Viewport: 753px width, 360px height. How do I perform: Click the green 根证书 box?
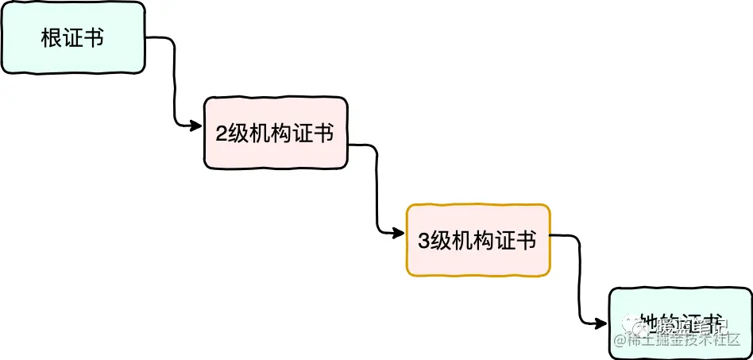pyautogui.click(x=73, y=38)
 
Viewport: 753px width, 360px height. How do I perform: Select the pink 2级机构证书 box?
pyautogui.click(x=275, y=134)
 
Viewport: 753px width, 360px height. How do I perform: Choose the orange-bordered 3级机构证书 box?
pyautogui.click(x=477, y=240)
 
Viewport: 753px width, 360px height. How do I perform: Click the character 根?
pyautogui.click(x=52, y=38)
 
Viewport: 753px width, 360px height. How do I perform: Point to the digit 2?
pyautogui.click(x=222, y=134)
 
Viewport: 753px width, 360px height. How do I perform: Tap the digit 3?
pyautogui.click(x=423, y=240)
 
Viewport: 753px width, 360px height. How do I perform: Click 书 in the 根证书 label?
pyautogui.click(x=94, y=38)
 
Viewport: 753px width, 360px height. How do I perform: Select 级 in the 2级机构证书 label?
pyautogui.click(x=238, y=134)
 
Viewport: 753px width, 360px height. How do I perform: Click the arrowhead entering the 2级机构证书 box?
pyautogui.click(x=195, y=125)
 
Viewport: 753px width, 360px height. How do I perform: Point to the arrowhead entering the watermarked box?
pyautogui.click(x=601, y=322)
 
